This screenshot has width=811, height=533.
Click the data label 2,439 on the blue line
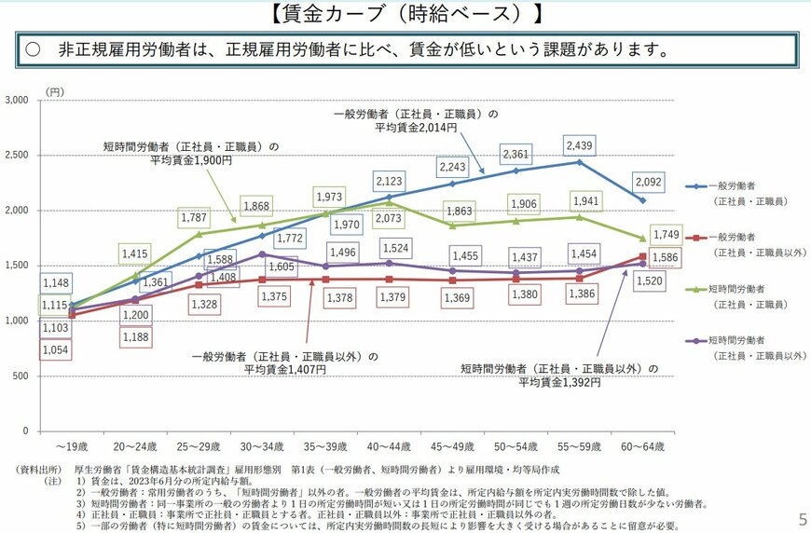(578, 145)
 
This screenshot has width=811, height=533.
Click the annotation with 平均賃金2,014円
(416, 120)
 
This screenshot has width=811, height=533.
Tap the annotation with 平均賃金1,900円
(191, 153)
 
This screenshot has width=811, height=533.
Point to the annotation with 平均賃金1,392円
(558, 376)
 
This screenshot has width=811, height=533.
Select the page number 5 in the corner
(802, 517)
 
